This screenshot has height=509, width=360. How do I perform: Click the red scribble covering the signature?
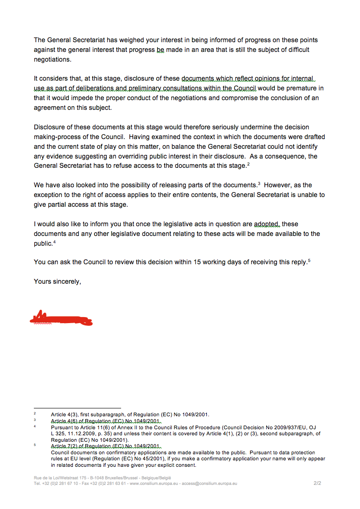(60, 318)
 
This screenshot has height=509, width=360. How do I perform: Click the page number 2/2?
(317, 483)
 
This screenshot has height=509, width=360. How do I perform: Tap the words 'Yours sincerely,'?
(58, 281)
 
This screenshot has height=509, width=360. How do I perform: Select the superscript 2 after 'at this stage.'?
(249, 164)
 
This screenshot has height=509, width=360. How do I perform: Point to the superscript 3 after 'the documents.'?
(259, 184)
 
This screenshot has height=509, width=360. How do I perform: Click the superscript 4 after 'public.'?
(54, 242)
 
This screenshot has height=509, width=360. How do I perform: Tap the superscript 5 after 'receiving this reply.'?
(309, 261)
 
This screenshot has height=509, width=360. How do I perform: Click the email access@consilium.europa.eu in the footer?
(209, 484)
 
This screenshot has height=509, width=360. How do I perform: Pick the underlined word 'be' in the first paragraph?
(161, 50)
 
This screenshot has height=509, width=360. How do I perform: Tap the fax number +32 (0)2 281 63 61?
(99, 484)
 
